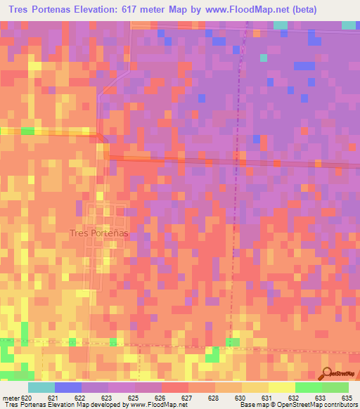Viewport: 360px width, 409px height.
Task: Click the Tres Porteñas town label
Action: click(96, 234)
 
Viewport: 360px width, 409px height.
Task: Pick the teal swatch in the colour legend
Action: click(41, 387)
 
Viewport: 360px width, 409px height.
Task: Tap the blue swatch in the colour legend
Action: click(68, 387)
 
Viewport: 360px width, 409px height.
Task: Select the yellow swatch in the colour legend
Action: click(281, 387)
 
